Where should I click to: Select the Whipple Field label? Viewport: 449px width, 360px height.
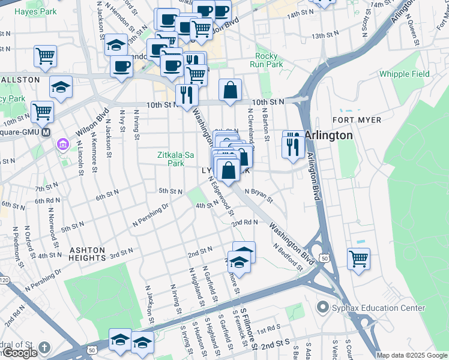pos(404,74)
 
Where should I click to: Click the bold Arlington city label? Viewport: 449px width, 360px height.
pos(328,135)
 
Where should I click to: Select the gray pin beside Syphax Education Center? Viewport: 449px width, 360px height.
pos(323,308)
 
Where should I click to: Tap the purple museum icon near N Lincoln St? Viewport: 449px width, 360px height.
pos(63,145)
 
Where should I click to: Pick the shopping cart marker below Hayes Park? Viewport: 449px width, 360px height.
pos(45,56)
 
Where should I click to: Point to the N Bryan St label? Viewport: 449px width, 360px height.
pos(258,196)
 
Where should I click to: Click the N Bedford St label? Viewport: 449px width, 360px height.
pos(286,256)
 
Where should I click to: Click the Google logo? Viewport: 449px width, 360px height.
pos(20,353)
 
